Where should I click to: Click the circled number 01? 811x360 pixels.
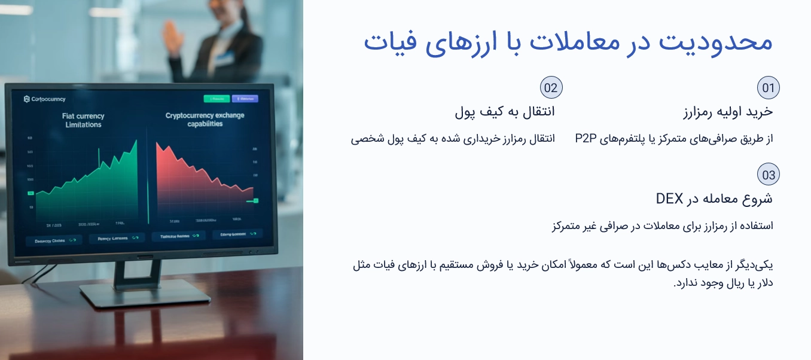point(768,89)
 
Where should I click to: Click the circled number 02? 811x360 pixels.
point(551,89)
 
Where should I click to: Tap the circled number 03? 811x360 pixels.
point(768,175)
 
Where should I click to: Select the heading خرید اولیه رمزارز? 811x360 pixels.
point(728,111)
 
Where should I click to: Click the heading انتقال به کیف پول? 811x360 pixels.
point(505,111)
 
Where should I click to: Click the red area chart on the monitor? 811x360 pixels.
point(197,176)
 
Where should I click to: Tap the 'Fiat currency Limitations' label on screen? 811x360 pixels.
point(83,120)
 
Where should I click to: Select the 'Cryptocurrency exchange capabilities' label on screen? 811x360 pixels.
point(205,120)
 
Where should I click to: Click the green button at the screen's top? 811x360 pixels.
point(217,99)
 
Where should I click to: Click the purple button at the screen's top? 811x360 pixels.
point(245,99)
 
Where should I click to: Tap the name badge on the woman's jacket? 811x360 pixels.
point(224,57)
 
